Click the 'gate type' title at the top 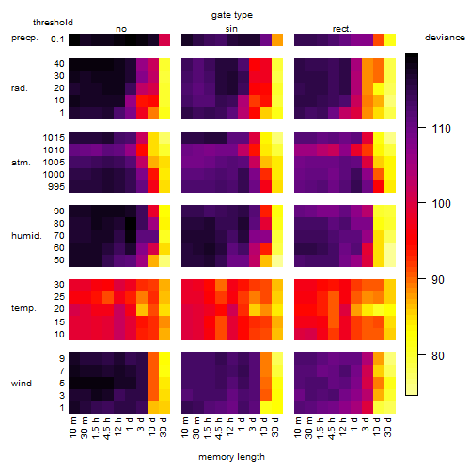click(232, 15)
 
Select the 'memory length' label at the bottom click(231, 457)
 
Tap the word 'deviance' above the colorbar click(445, 38)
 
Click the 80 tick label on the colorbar click(438, 355)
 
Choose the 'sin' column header click(231, 29)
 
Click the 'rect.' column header click(341, 29)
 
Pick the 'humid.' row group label click(26, 236)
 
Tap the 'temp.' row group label click(23, 308)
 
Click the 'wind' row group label click(22, 384)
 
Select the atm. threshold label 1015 click(54, 138)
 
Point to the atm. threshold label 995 click(56, 187)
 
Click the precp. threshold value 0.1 click(57, 39)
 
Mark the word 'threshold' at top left click(53, 23)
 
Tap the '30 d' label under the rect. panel click(388, 427)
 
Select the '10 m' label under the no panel click(72, 428)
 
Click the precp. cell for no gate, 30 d click(164, 39)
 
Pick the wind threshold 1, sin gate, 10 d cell click(266, 407)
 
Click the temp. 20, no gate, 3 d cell click(142, 309)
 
